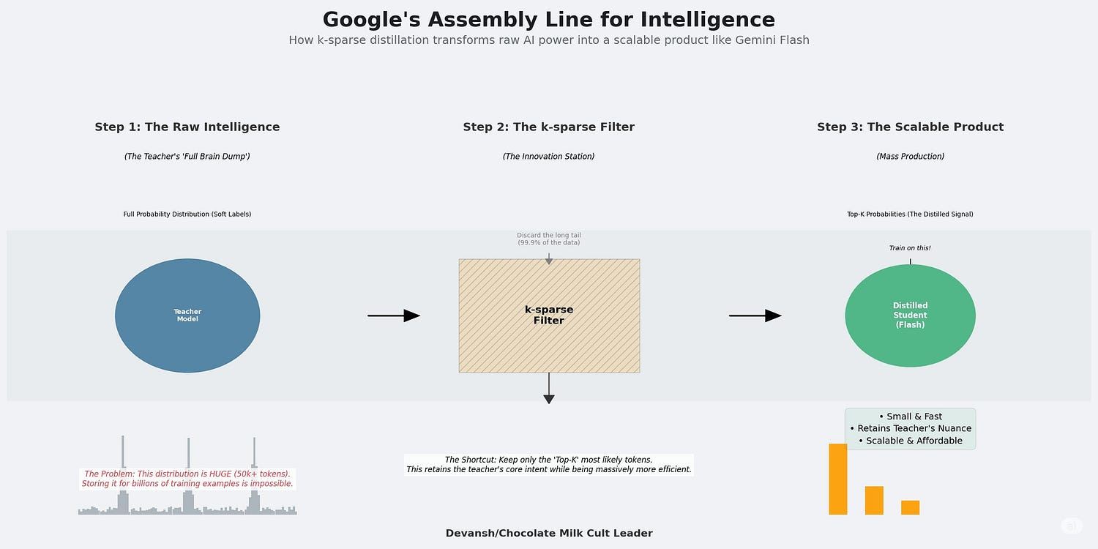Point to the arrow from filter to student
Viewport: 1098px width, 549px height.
point(755,315)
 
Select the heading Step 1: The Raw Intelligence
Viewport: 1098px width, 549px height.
point(187,127)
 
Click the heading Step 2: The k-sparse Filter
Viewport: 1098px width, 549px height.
point(549,127)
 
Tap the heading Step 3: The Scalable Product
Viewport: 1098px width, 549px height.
point(910,127)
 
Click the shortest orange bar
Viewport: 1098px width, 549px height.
point(910,507)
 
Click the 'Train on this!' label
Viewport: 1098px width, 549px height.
point(910,248)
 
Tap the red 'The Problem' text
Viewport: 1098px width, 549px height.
point(187,479)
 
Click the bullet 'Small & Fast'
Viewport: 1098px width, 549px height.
point(911,417)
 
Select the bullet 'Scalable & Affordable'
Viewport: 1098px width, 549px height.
point(911,441)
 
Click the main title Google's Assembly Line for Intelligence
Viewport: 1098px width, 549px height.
point(549,20)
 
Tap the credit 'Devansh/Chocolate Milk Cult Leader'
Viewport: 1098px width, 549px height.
point(549,534)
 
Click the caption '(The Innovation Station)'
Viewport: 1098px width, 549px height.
point(549,157)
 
